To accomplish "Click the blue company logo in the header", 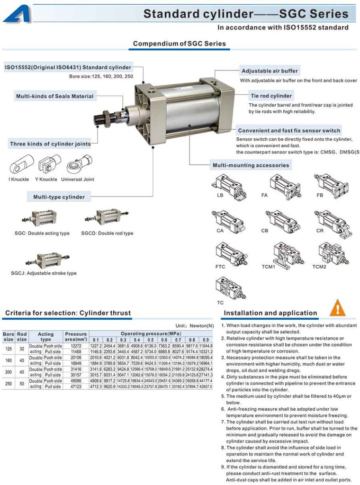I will click(17, 13).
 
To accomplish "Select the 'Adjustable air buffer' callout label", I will click(270, 71).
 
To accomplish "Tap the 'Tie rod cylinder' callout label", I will click(271, 96).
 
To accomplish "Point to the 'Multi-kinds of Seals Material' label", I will click(55, 96).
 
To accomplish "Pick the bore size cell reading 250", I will click(8, 384).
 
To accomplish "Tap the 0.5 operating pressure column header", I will click(150, 340).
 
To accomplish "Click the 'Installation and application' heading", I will click(270, 313).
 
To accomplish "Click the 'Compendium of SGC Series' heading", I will click(179, 44).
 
